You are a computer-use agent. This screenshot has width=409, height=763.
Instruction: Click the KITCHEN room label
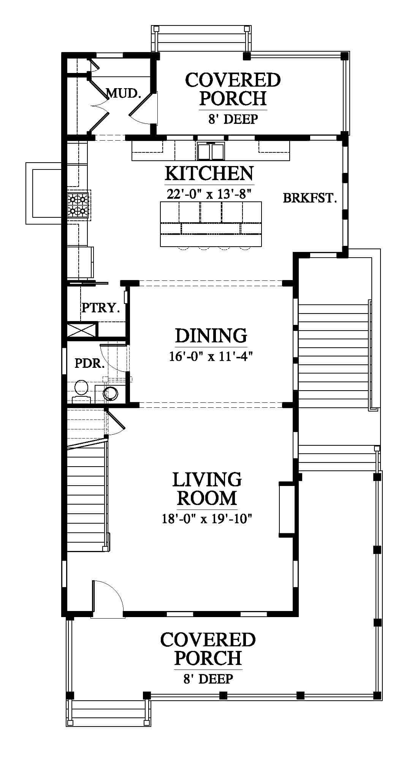(209, 174)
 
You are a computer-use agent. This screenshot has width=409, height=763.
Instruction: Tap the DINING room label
(211, 336)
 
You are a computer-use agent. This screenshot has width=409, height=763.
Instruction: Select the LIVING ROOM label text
(207, 488)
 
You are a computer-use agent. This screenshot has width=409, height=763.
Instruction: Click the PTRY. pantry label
(101, 307)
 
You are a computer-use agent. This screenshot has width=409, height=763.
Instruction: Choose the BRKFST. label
(310, 198)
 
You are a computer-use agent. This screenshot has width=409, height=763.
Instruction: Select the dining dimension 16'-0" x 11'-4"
(211, 356)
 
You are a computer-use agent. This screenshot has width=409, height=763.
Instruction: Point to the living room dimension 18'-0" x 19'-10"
(207, 518)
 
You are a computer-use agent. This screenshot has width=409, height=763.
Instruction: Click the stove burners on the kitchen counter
(78, 205)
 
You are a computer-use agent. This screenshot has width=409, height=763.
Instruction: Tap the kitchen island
(211, 224)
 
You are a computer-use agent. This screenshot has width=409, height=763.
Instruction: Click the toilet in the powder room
(81, 391)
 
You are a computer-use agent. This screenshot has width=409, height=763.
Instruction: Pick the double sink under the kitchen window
(211, 151)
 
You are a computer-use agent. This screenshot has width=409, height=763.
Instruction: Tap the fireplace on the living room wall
(287, 509)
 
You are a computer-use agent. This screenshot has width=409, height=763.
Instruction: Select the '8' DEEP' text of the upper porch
(233, 119)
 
